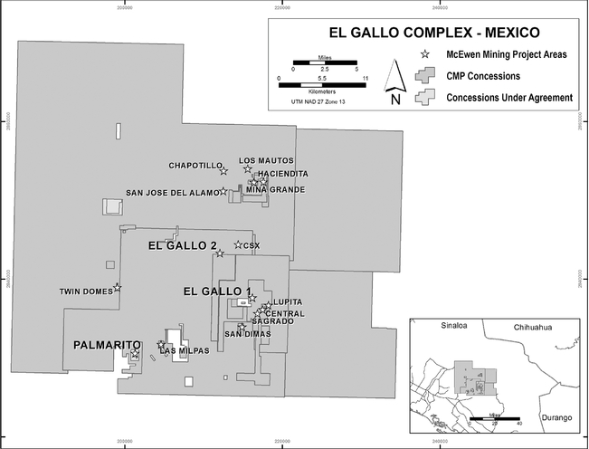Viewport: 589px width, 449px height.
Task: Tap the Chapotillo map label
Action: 195,166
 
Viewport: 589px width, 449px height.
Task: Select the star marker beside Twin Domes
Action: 118,288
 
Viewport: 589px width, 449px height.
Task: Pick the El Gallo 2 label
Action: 182,246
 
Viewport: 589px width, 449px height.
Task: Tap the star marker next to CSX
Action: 238,244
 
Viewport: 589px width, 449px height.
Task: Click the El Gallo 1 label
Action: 215,291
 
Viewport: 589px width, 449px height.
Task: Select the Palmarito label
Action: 108,345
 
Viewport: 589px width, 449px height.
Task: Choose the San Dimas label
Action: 246,334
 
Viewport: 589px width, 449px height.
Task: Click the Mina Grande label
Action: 275,189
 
